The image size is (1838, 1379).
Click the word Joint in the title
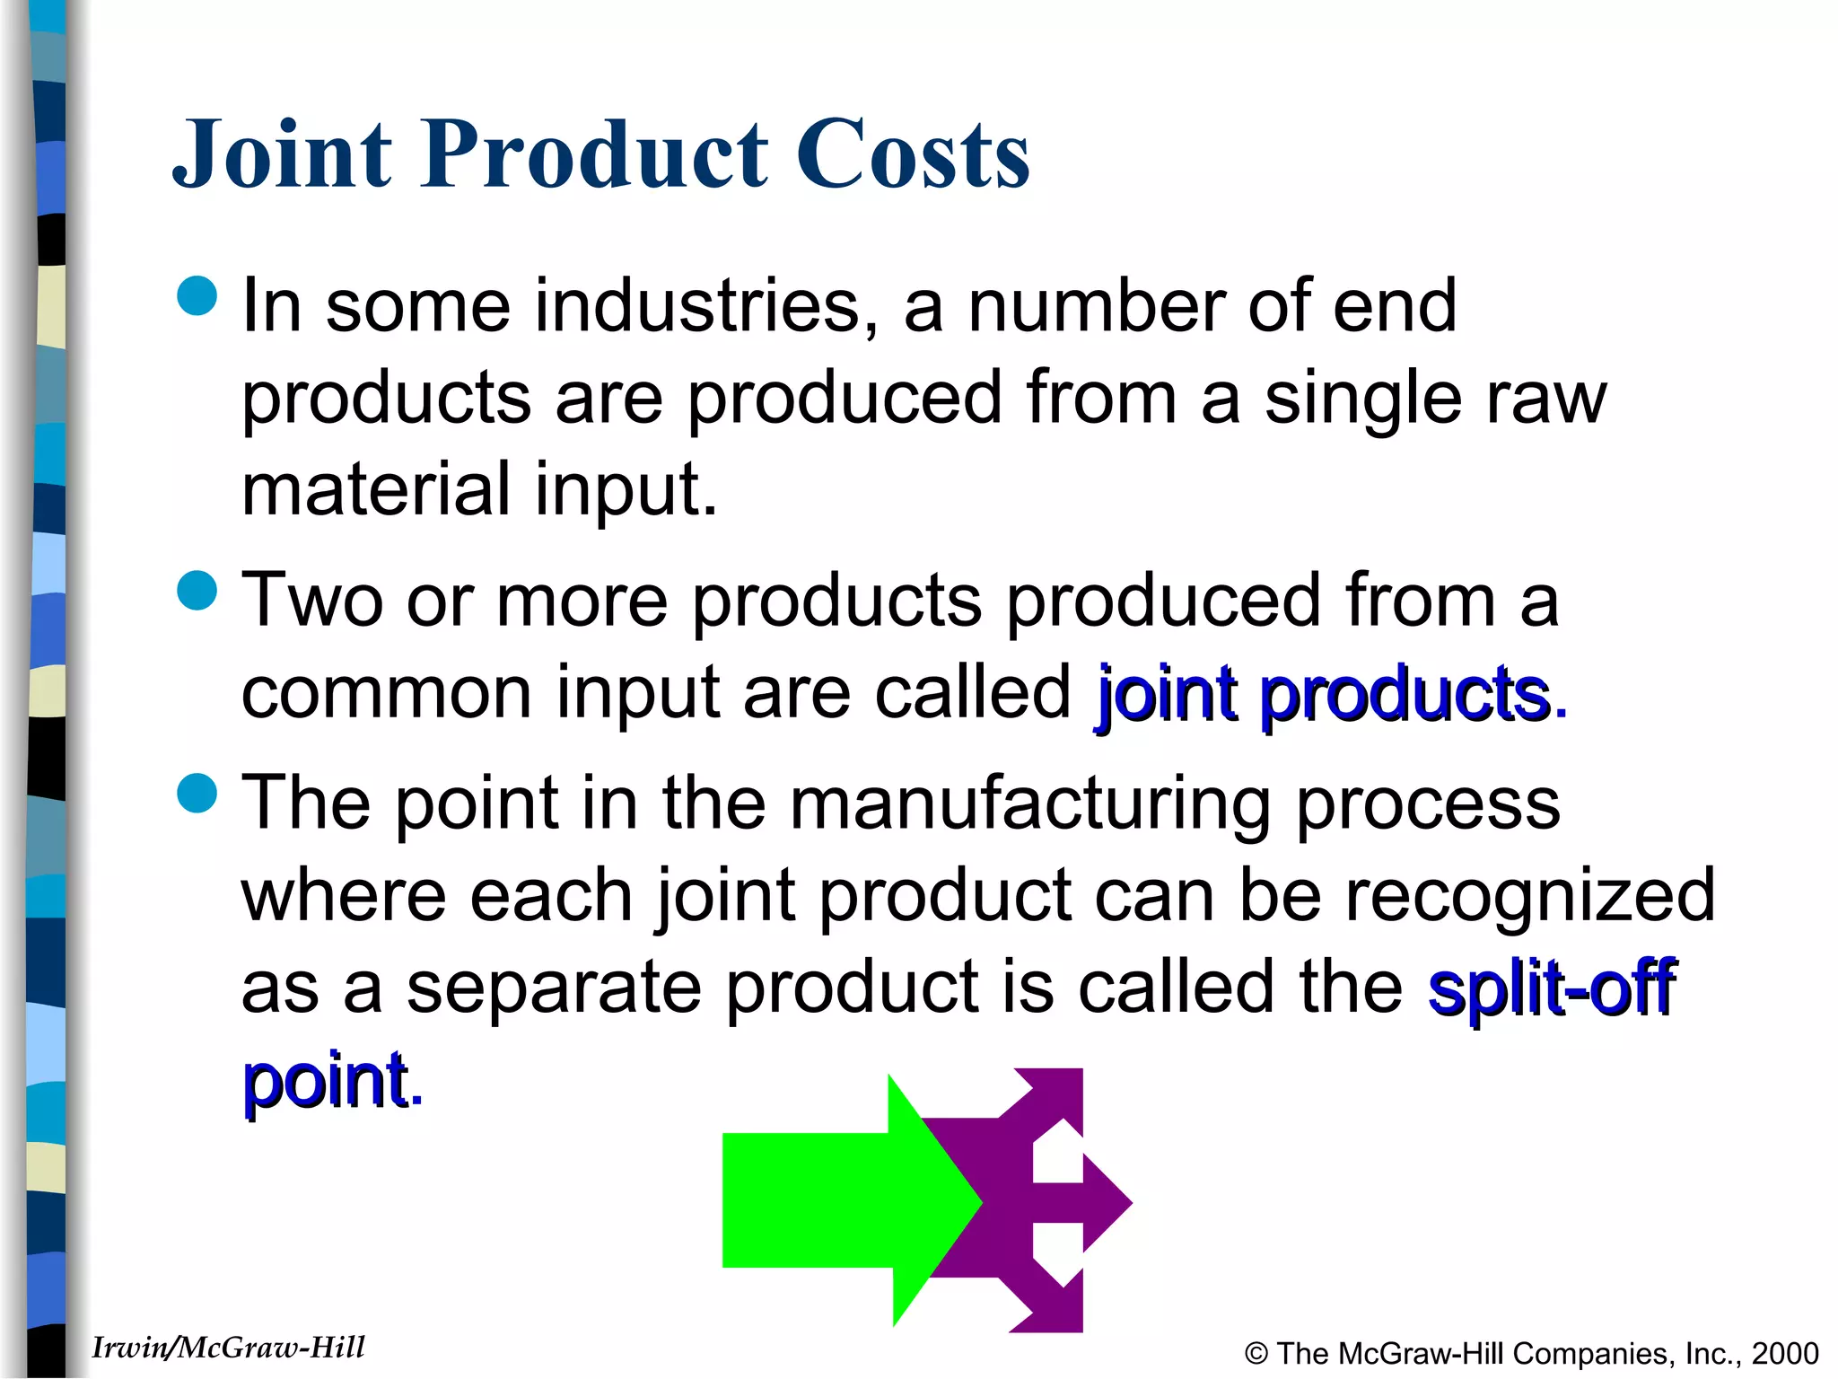click(283, 154)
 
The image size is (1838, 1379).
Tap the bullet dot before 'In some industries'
click(197, 296)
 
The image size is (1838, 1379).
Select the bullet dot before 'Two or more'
click(197, 591)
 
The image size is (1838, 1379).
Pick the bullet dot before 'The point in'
click(197, 793)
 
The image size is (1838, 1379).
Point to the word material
click(376, 490)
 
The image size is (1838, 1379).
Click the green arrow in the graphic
click(835, 1200)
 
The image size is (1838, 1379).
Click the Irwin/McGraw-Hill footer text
click(228, 1348)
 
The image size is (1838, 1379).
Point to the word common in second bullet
click(387, 692)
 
